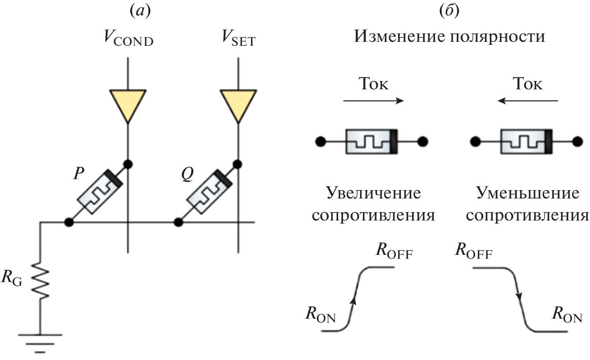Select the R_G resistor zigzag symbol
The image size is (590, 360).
click(x=40, y=280)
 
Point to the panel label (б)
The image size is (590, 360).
click(x=450, y=11)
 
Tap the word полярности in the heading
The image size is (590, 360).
click(x=500, y=36)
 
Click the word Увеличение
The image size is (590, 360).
click(x=372, y=193)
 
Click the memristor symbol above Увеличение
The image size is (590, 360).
click(x=372, y=142)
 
